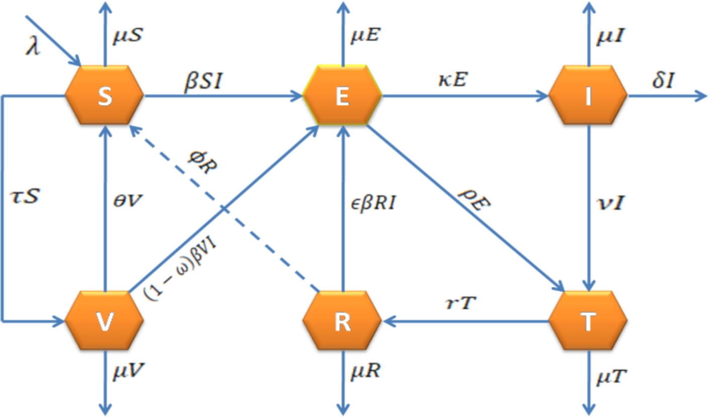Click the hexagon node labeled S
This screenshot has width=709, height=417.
pos(105,95)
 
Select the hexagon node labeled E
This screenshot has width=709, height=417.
pos(342,95)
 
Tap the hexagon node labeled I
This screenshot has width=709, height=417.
pos(588,95)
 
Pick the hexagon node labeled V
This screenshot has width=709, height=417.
pos(105,320)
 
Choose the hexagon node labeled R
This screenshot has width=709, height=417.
pos(342,320)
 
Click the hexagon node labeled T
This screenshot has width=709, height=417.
pos(588,320)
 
